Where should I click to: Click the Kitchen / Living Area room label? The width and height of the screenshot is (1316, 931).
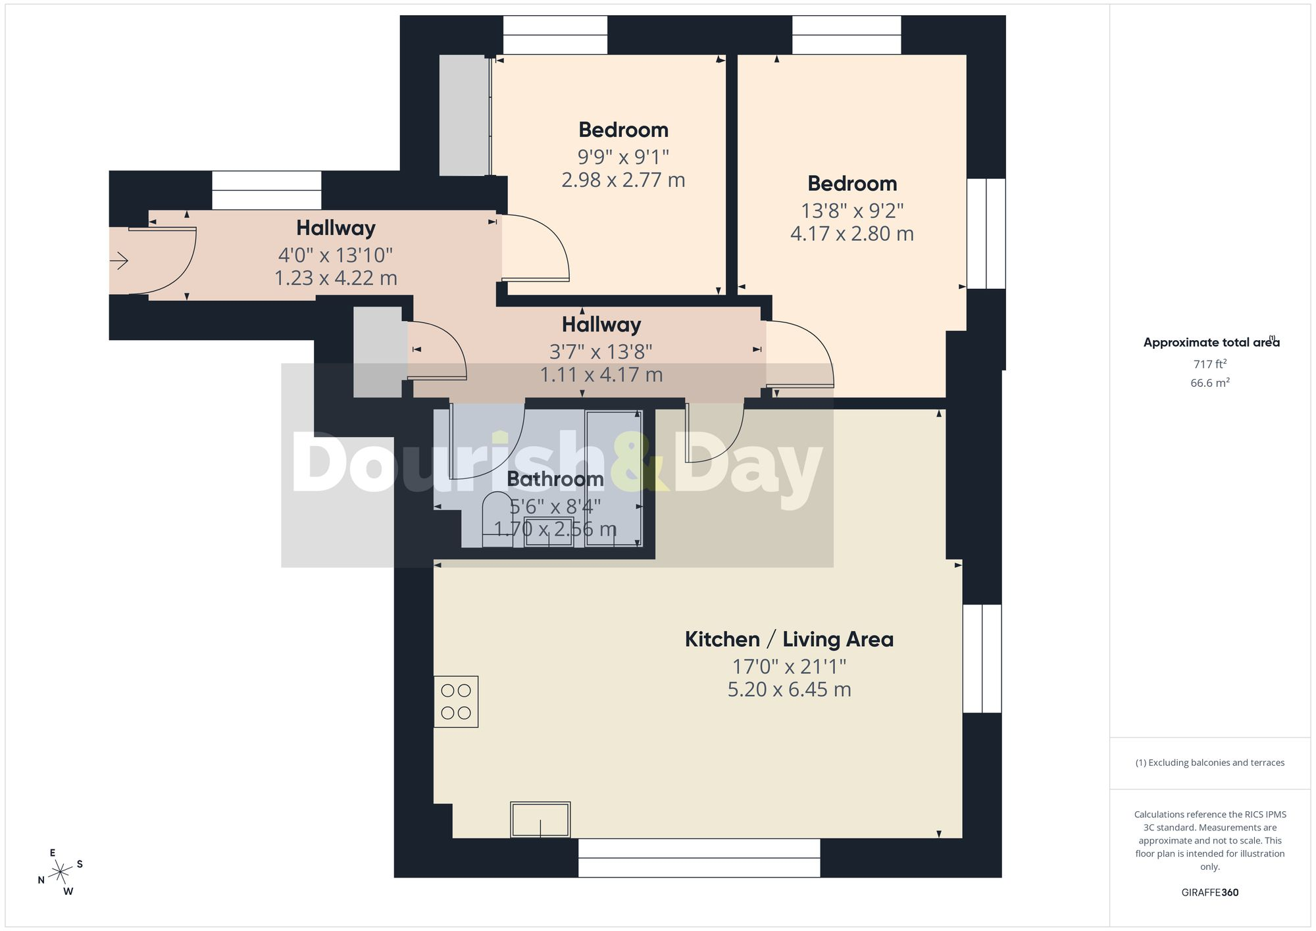(789, 639)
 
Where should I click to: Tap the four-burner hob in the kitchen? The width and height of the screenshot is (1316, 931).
(456, 701)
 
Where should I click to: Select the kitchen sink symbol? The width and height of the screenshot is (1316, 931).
(540, 819)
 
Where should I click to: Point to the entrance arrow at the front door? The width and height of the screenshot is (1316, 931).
(119, 261)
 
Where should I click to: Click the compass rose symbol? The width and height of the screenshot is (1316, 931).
(61, 872)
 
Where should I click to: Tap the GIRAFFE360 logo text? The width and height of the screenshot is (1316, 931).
(1209, 892)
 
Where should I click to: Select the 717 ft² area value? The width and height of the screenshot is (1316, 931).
(1209, 364)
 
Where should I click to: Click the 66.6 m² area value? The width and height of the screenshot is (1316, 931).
(1209, 382)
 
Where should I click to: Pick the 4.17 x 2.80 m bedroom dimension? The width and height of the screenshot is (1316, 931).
(851, 234)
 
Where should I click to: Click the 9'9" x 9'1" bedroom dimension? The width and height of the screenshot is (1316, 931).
(623, 157)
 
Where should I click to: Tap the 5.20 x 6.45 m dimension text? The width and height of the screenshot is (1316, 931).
(789, 690)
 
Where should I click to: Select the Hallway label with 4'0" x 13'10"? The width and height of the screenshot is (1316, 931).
(336, 228)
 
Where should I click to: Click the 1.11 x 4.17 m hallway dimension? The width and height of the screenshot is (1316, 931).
(601, 375)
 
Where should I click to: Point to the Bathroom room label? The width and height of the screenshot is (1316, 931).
(555, 479)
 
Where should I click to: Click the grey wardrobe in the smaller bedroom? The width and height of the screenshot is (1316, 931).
(465, 115)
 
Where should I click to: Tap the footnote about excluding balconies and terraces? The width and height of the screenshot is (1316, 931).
(1209, 763)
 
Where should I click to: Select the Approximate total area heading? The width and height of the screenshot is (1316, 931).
(1211, 342)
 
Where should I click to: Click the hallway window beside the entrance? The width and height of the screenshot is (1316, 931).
(266, 190)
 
